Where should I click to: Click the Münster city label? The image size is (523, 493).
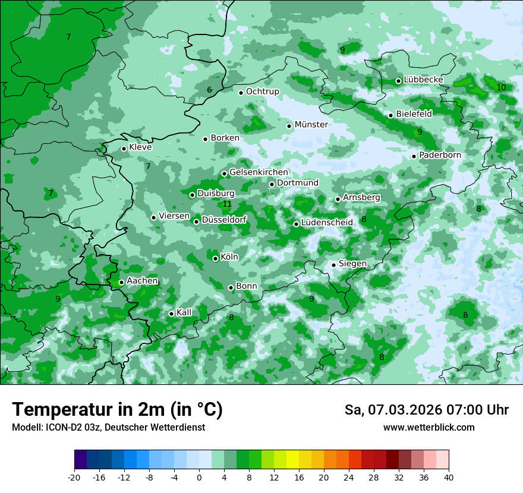click(311, 125)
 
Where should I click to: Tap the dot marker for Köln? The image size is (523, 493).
click(216, 258)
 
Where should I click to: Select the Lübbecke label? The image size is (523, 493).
click(423, 80)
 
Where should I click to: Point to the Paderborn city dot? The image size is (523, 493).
click(414, 156)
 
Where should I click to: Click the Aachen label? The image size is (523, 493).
click(142, 281)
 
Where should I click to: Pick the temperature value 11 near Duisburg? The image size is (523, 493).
click(227, 204)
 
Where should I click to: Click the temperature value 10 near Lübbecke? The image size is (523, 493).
click(501, 87)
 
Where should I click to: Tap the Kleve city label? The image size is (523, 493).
click(140, 147)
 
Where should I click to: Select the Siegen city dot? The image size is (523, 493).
click(334, 265)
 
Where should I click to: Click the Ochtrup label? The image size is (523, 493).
click(262, 91)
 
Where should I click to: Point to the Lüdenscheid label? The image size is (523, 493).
click(327, 222)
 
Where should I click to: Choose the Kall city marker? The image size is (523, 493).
click(172, 314)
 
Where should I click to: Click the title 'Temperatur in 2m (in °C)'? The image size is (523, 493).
click(117, 410)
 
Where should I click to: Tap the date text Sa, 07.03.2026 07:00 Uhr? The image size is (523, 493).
click(426, 410)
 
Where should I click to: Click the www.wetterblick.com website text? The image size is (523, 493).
click(429, 428)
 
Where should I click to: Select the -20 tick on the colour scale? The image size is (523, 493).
click(74, 477)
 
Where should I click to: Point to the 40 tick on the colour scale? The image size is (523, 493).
click(449, 477)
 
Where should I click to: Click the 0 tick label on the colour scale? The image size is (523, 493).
click(199, 477)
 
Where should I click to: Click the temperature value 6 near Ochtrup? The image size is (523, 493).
click(209, 90)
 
